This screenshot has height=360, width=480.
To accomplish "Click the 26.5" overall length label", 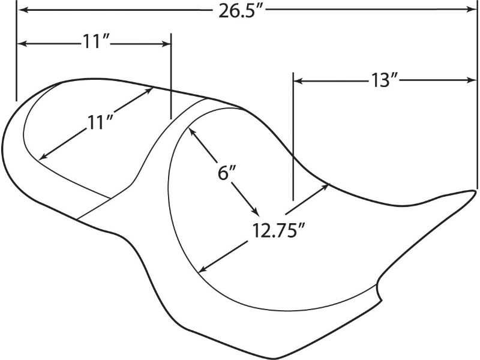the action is (x=241, y=11).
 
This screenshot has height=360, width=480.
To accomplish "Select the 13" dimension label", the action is (x=384, y=80).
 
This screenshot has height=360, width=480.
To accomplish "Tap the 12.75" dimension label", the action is (x=278, y=230).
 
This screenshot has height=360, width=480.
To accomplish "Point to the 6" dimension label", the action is (x=227, y=173).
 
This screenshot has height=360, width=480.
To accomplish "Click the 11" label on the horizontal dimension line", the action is (x=95, y=41).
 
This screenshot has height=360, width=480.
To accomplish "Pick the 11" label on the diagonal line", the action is (x=100, y=122).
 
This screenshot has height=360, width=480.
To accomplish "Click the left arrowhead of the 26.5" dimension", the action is (x=23, y=10).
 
